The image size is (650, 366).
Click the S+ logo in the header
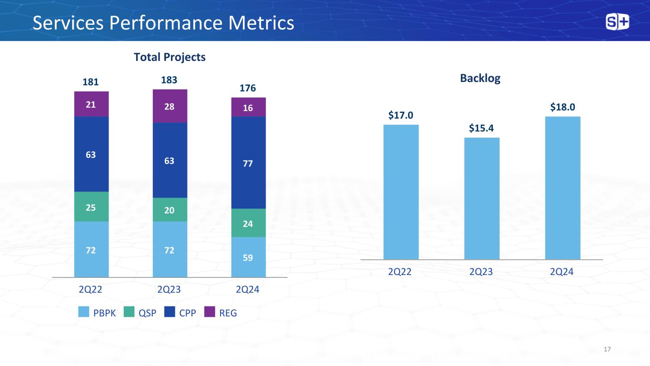tap(617, 22)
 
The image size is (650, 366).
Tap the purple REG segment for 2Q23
tap(170, 106)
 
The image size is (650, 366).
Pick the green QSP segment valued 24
tap(248, 223)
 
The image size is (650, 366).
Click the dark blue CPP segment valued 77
tap(248, 163)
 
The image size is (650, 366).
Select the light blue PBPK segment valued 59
tap(248, 257)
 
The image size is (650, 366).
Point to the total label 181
tap(91, 82)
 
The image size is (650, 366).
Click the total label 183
tap(170, 80)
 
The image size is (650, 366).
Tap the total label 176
tap(248, 88)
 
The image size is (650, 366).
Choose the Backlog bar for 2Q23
tap(482, 198)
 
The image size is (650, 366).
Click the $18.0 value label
tap(562, 107)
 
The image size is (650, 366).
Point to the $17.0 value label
tap(401, 115)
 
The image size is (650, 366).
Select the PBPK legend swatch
tap(83, 313)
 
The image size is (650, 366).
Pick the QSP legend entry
tap(140, 313)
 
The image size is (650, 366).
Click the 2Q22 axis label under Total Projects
tap(91, 289)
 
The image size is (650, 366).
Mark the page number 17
tap(607, 350)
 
